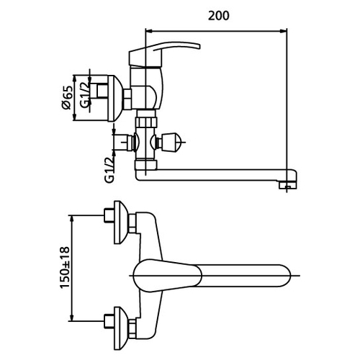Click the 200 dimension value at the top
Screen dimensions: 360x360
(x=218, y=16)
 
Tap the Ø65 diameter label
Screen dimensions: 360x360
(x=67, y=97)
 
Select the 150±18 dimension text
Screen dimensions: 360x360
(x=65, y=267)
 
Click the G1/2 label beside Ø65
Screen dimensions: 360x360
(x=85, y=94)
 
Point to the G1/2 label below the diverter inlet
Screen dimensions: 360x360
(x=109, y=171)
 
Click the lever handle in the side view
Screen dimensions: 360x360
(x=165, y=53)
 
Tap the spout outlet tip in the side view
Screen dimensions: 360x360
(x=288, y=185)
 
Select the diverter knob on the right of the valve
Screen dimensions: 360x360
(x=170, y=143)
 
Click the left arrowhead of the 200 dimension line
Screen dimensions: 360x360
(x=149, y=31)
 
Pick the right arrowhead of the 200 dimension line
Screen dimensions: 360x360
(x=284, y=31)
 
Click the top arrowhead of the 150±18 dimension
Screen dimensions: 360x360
(x=71, y=219)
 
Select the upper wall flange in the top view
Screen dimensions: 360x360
(x=119, y=222)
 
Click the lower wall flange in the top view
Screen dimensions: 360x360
(x=119, y=328)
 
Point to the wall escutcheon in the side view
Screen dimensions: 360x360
(x=114, y=99)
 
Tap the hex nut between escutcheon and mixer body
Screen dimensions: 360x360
(x=127, y=99)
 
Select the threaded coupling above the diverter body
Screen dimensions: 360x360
(x=145, y=122)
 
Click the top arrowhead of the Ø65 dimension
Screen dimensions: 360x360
(x=74, y=79)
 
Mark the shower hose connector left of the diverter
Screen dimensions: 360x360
(x=124, y=143)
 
